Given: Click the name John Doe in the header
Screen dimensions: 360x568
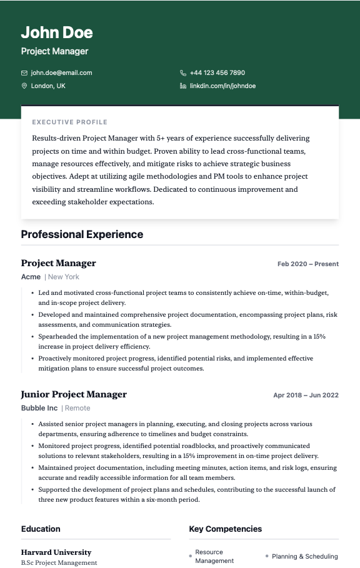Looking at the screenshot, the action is tap(57, 32).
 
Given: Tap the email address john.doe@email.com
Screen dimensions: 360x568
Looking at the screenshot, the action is tap(61, 72).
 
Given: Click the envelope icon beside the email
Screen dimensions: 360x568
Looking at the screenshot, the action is tap(24, 72).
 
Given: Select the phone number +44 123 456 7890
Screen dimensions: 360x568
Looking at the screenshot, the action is tap(217, 72).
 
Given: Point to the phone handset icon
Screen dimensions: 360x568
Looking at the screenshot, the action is tap(183, 72).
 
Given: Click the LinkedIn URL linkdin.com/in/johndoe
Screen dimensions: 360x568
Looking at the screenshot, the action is tap(222, 86).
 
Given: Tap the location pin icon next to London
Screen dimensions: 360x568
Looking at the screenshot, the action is tap(24, 86).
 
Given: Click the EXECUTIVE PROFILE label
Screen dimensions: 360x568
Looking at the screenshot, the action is tap(69, 122).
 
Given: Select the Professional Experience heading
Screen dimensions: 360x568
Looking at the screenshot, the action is tap(82, 234).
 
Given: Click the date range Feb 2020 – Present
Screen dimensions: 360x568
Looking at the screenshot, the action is tap(307, 264).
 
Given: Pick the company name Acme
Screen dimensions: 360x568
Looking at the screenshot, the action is tap(31, 277).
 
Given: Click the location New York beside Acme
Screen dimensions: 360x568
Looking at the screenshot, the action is tap(64, 277).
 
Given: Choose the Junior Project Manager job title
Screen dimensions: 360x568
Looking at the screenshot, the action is tap(74, 394).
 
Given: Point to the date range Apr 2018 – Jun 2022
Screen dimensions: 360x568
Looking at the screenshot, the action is tap(306, 395).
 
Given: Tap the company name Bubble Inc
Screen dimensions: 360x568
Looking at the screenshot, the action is tap(39, 408).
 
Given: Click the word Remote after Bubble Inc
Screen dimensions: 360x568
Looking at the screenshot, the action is tap(77, 408).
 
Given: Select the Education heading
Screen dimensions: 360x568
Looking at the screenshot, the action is tap(41, 529).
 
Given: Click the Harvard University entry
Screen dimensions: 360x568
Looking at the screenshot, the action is tap(56, 552).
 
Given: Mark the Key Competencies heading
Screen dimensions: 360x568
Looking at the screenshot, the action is tap(225, 529).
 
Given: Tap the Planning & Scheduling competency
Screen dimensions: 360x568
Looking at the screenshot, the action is tap(304, 556).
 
